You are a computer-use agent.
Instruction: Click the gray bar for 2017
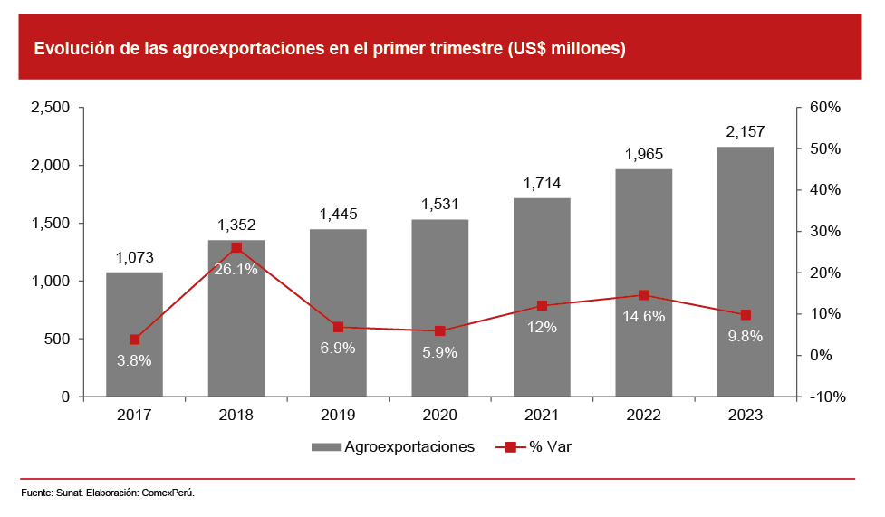pyautogui.click(x=134, y=334)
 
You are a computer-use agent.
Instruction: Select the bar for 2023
pyautogui.click(x=746, y=272)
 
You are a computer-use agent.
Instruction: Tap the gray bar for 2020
pyautogui.click(x=440, y=308)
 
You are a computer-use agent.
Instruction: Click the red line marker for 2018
pyautogui.click(x=236, y=247)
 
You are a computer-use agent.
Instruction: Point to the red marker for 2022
pyautogui.click(x=644, y=295)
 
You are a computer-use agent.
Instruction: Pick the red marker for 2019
pyautogui.click(x=338, y=327)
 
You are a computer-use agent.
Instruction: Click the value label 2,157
pyautogui.click(x=746, y=132)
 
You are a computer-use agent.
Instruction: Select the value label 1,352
pyautogui.click(x=236, y=225)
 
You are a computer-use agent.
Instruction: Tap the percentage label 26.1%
pyautogui.click(x=236, y=269)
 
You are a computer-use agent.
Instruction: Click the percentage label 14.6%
pyautogui.click(x=644, y=316)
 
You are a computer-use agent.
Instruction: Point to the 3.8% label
pyautogui.click(x=134, y=360)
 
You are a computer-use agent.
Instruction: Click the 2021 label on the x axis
pyautogui.click(x=542, y=415)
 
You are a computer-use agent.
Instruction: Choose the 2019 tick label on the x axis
pyautogui.click(x=338, y=415)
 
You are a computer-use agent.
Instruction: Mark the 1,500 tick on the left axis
pyautogui.click(x=51, y=224)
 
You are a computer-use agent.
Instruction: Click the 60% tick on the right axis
pyautogui.click(x=825, y=108)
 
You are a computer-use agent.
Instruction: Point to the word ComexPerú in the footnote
pyautogui.click(x=169, y=493)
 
